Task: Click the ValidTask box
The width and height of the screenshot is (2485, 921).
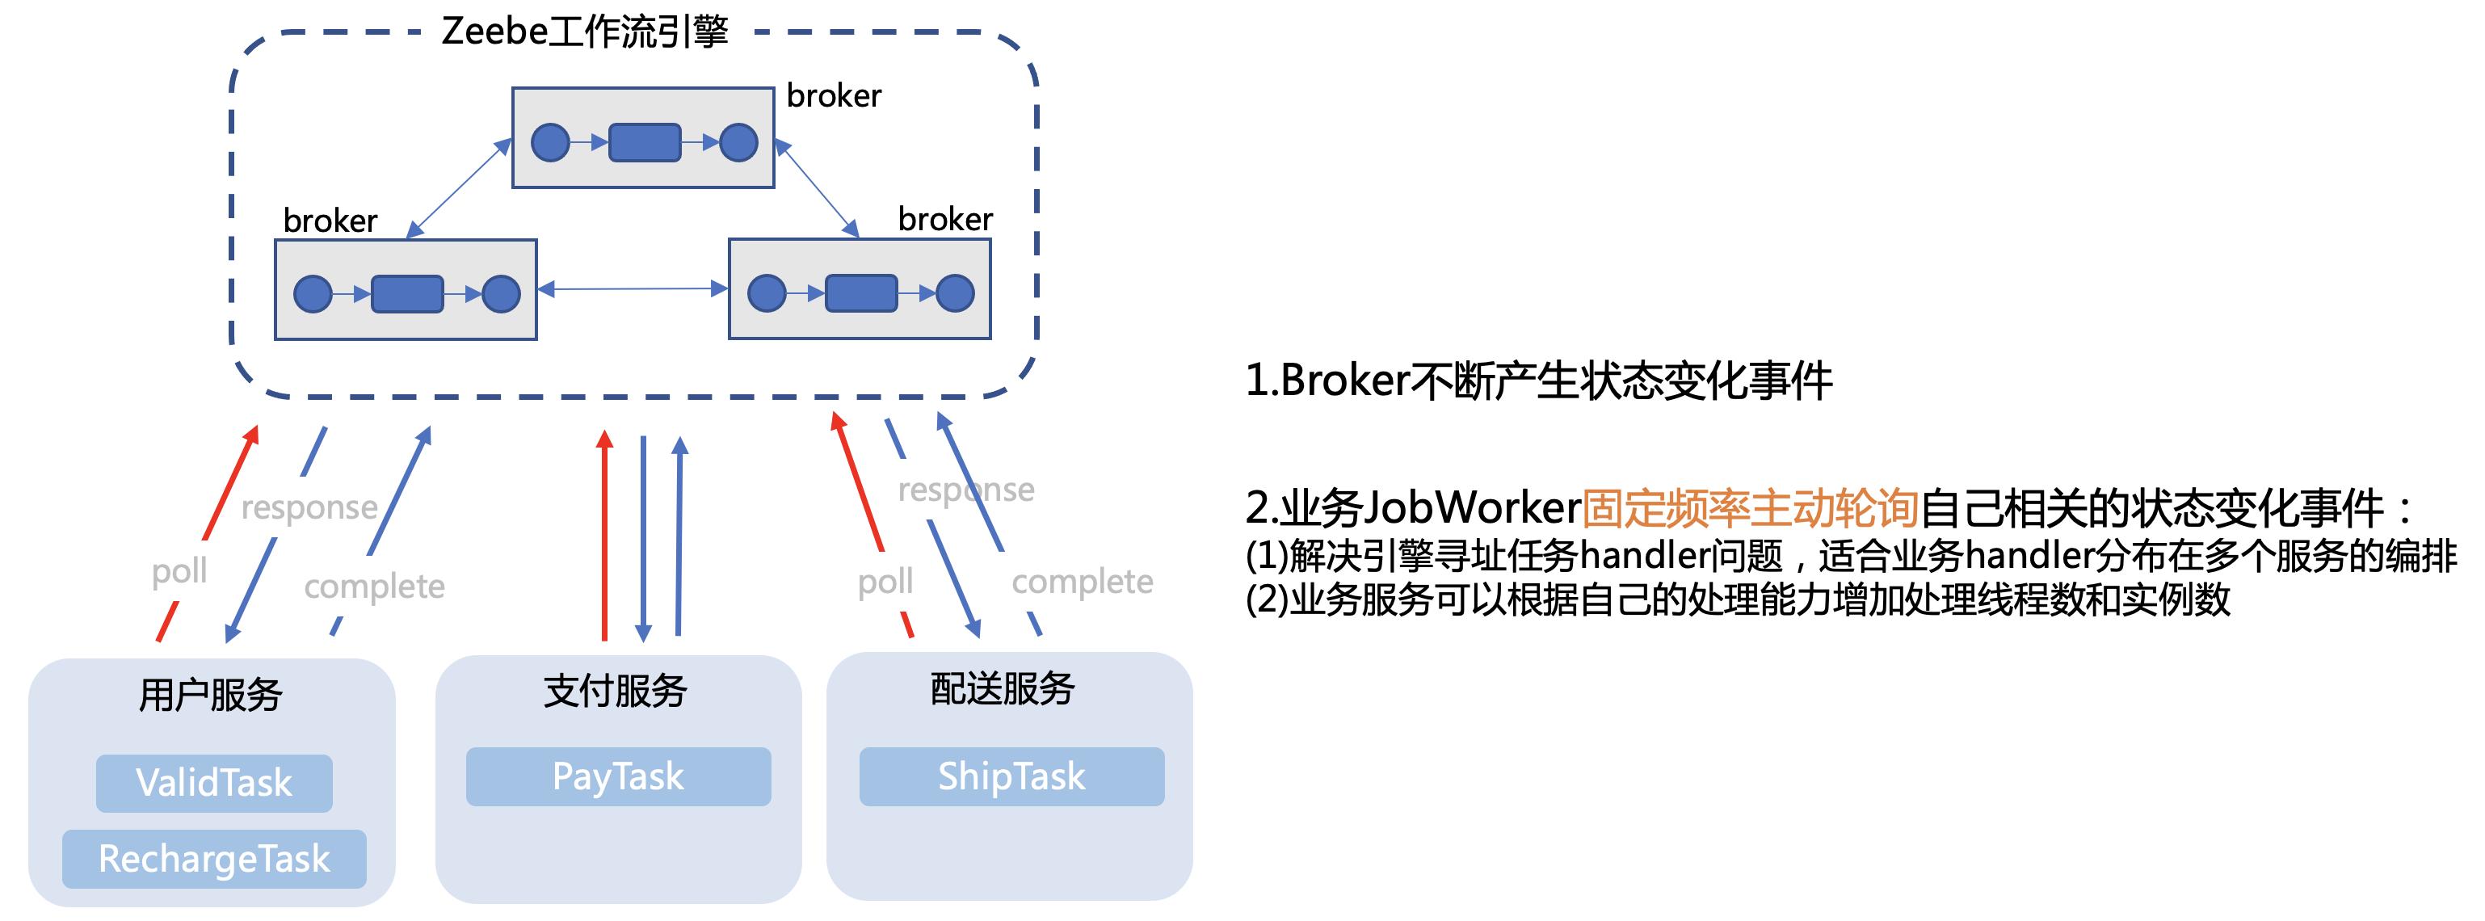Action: point(214,782)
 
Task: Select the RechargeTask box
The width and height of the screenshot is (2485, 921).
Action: point(214,858)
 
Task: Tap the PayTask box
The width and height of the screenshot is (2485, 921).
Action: point(618,776)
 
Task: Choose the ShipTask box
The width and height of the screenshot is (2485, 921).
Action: point(1012,776)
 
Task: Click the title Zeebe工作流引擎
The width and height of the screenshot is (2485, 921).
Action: point(585,32)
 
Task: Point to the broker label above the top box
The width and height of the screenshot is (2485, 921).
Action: point(834,95)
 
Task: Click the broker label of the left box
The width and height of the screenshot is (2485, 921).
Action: point(330,221)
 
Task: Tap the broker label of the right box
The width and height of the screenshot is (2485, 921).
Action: point(944,219)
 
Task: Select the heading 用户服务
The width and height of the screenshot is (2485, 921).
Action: point(210,694)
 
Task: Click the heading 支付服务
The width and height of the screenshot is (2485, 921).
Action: point(615,691)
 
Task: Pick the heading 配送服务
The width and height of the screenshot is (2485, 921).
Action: point(1003,688)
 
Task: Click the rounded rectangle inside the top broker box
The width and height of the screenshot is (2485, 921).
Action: point(645,143)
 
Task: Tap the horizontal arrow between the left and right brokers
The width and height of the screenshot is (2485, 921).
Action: point(632,288)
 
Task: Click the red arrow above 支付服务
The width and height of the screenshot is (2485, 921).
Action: point(605,536)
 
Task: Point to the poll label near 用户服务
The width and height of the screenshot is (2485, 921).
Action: point(179,571)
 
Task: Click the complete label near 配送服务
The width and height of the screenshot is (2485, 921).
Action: point(1082,582)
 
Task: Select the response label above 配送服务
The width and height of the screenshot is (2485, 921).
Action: point(965,490)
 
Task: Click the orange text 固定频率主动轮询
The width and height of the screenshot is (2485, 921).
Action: point(1750,507)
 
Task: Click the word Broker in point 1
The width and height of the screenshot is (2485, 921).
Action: point(1345,380)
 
